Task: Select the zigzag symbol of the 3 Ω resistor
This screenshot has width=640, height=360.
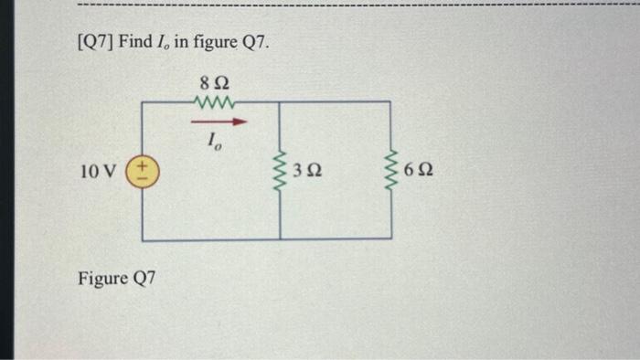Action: [x=280, y=171]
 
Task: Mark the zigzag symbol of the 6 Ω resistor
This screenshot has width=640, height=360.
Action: [x=391, y=171]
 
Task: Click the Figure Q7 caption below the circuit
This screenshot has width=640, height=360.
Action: [x=117, y=277]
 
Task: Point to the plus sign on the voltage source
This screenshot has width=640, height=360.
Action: [x=144, y=165]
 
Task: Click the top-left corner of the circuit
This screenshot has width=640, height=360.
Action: [x=144, y=102]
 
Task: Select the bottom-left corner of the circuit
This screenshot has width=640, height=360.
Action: [x=144, y=240]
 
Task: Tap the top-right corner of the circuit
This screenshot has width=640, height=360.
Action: [x=391, y=102]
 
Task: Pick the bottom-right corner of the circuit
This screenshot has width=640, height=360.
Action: [x=391, y=240]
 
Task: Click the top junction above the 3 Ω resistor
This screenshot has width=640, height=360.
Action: [x=280, y=102]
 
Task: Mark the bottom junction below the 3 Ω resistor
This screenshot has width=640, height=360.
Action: [x=280, y=240]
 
